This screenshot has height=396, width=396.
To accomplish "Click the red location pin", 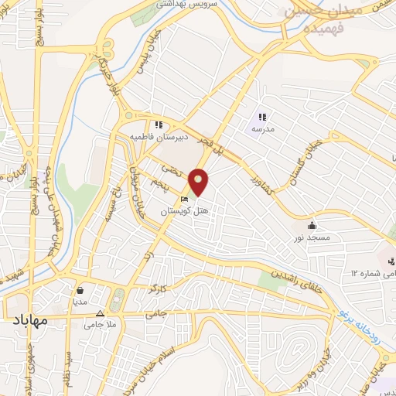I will [200, 183].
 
